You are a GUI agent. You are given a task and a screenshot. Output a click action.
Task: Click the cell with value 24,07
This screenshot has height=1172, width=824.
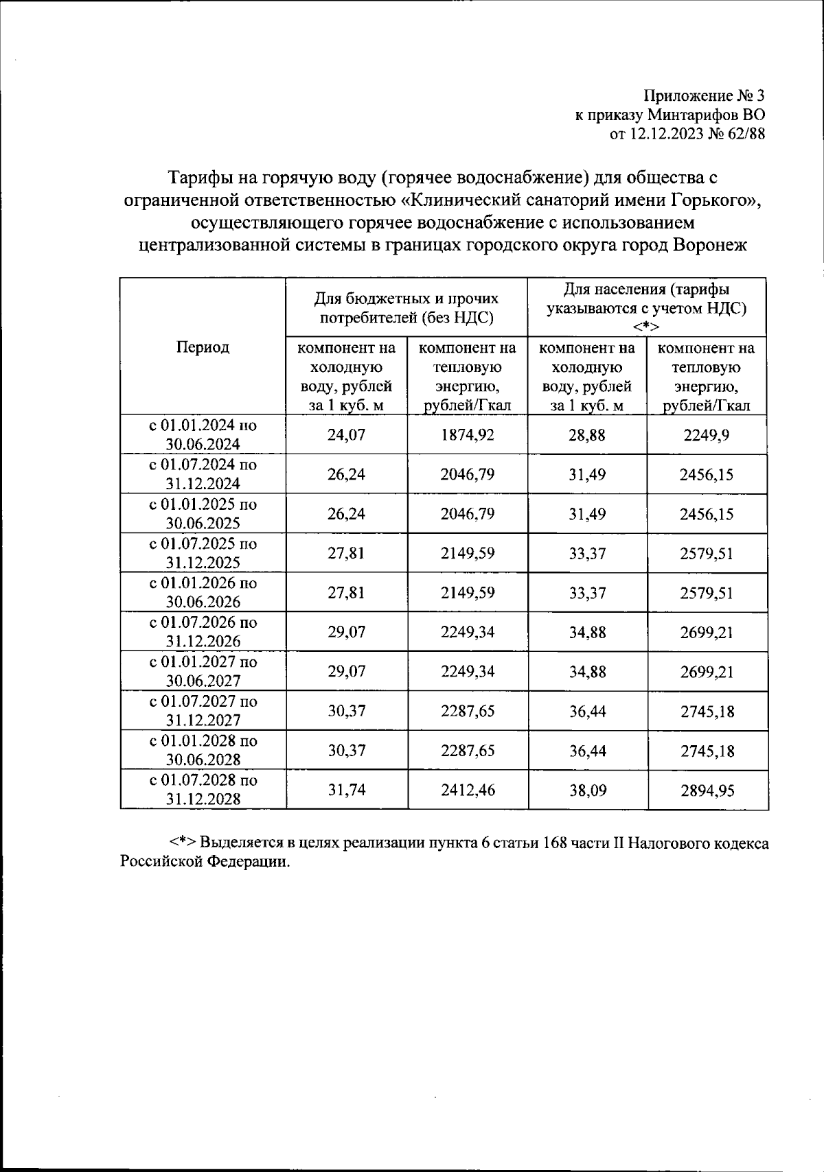[346, 435]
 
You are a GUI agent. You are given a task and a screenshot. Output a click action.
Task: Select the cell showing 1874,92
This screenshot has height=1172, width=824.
[468, 435]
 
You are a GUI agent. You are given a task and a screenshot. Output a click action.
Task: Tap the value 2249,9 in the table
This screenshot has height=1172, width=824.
[707, 435]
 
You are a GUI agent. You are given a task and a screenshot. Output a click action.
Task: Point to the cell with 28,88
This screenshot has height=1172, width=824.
[587, 435]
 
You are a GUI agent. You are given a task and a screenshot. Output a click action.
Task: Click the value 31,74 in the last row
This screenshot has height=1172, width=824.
[346, 790]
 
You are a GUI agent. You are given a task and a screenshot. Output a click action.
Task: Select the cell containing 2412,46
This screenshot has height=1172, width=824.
[468, 790]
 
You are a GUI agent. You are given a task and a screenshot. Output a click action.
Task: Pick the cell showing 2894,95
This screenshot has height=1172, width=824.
[707, 790]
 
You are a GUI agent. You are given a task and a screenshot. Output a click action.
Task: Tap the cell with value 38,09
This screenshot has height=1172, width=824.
[587, 790]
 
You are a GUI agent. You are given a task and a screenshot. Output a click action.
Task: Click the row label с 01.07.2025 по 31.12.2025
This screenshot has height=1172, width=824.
[203, 553]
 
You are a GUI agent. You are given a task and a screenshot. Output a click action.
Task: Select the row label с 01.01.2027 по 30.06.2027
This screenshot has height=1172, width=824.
[203, 671]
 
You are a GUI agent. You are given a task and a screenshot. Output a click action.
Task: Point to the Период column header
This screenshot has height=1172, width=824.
[203, 347]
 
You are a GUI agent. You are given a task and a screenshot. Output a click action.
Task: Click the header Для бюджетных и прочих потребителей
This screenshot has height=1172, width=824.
[407, 308]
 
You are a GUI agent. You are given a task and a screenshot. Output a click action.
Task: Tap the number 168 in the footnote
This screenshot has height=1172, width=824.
[554, 843]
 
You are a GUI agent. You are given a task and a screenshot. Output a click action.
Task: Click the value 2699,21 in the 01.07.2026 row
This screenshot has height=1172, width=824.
[707, 632]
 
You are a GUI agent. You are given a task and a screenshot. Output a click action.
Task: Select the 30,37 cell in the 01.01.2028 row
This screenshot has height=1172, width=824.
[346, 751]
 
